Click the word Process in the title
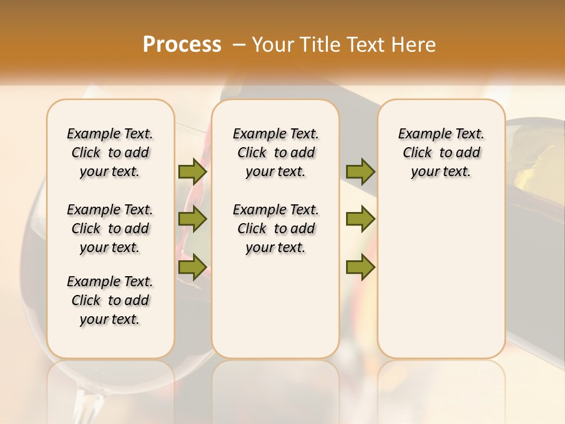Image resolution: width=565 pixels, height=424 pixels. [x=182, y=44]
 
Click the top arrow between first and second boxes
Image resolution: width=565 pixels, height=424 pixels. [x=192, y=172]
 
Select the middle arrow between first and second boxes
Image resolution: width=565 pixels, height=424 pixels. [x=192, y=219]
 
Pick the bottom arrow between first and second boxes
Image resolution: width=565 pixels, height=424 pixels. [x=192, y=267]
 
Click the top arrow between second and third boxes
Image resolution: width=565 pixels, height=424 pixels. [x=360, y=172]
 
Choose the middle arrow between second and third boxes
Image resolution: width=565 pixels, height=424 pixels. [x=360, y=219]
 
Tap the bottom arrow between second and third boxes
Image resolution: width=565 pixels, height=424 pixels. [x=360, y=267]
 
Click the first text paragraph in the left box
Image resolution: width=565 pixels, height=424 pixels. [x=110, y=153]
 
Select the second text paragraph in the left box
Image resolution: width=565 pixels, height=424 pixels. [x=110, y=228]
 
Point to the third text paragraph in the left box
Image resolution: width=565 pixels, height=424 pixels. [x=110, y=300]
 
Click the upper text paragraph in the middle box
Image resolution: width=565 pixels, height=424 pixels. [x=275, y=153]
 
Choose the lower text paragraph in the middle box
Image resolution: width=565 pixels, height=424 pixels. [x=275, y=228]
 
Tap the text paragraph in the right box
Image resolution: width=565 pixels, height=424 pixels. [x=441, y=153]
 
